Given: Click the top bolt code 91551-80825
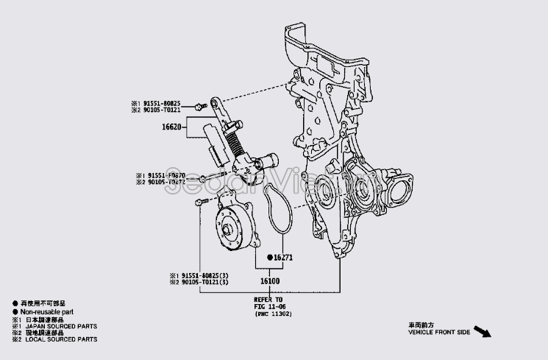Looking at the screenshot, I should coord(160,103).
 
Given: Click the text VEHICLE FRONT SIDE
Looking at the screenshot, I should coord(438,333).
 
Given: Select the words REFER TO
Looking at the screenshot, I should coord(268,300).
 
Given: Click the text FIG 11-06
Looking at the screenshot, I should coord(268,306).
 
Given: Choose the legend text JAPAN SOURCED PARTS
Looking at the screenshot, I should coord(59,325).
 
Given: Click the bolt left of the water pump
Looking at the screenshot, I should coord(199,202).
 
